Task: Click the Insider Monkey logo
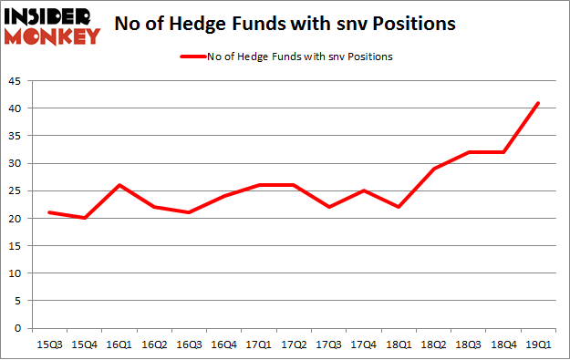(x=52, y=26)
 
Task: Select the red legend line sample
(x=196, y=57)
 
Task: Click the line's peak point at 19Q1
(x=538, y=103)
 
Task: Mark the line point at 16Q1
(x=119, y=185)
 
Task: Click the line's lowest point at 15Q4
(x=84, y=218)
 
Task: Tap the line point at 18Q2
(x=434, y=169)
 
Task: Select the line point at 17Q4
(x=364, y=190)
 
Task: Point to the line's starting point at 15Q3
(x=49, y=212)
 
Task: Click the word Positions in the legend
(x=369, y=57)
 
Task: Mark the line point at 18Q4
(x=503, y=152)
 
